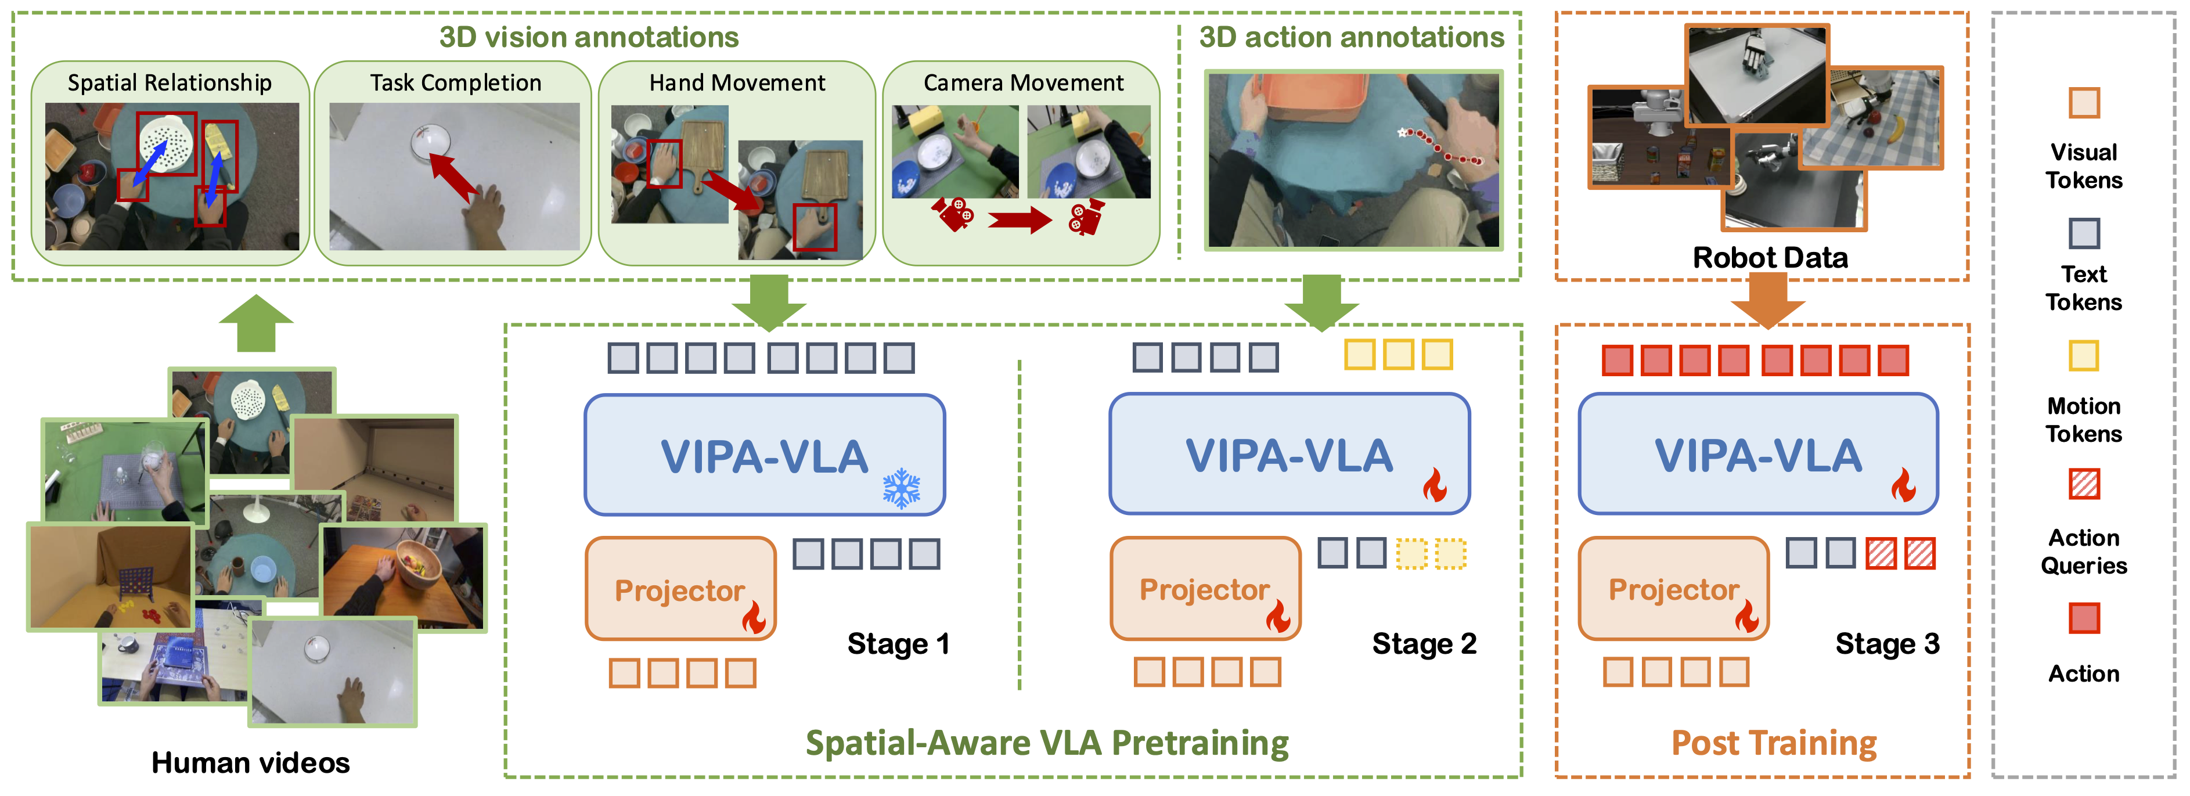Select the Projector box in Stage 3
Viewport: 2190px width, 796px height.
[1672, 589]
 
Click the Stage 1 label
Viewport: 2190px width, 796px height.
[898, 644]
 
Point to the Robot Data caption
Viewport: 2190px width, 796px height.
[1770, 258]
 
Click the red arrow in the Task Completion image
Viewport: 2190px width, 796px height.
[452, 176]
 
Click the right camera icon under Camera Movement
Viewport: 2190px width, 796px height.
[1086, 217]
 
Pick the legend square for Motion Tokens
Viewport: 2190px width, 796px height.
[2084, 355]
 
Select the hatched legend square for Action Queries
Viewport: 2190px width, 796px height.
[2084, 484]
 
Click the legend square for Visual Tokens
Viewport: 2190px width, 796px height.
[2084, 103]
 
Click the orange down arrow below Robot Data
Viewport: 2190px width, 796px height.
[1767, 302]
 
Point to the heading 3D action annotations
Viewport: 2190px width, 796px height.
[1351, 37]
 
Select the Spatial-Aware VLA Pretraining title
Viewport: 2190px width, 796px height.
[1047, 743]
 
